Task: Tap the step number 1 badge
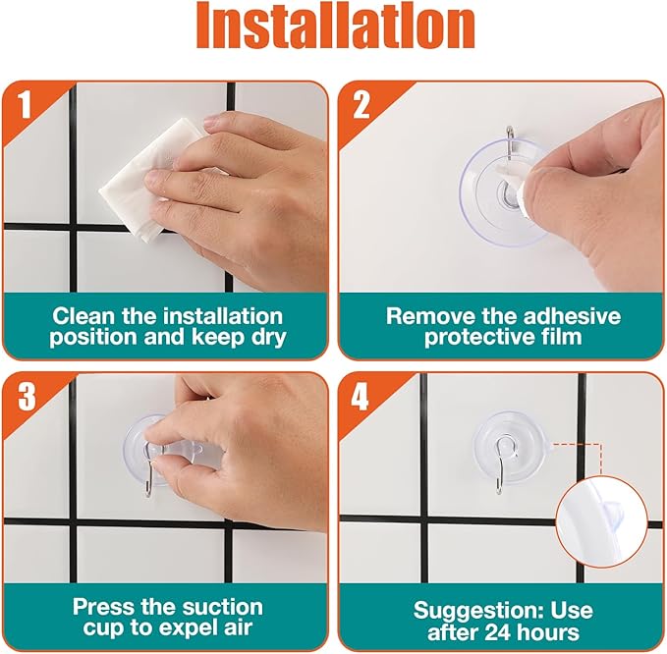[27, 103]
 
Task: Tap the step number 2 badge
[361, 103]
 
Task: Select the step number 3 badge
[27, 395]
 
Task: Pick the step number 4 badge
[361, 395]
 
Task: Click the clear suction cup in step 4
[501, 442]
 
